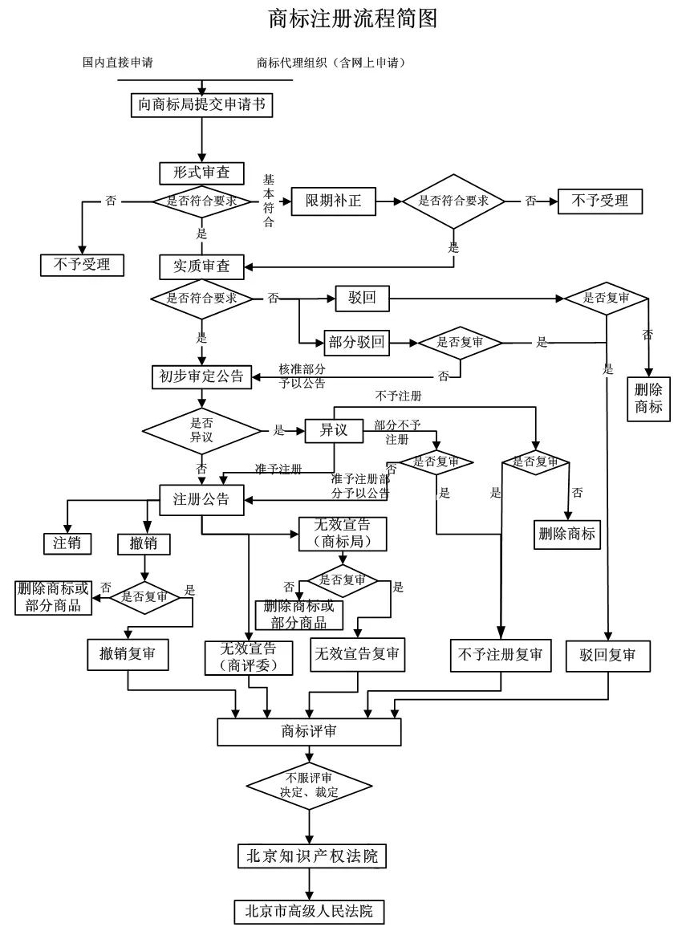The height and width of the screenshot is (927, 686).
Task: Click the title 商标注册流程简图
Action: pos(353,18)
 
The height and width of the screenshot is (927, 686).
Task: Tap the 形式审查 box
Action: pos(195,172)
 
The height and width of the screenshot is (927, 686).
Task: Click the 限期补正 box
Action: pos(333,201)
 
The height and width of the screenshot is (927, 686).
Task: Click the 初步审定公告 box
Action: pos(201,376)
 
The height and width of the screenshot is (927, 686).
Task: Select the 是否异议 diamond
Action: pos(201,430)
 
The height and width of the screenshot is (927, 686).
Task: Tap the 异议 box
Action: pos(333,429)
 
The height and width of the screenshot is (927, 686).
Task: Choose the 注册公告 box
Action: pos(201,498)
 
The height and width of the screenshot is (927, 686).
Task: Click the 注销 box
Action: pos(67,543)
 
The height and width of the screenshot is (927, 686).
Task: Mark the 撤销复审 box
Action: pos(128,655)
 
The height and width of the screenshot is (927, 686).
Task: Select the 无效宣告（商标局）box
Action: pos(343,533)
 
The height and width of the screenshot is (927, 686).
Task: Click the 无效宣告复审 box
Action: pos(357,655)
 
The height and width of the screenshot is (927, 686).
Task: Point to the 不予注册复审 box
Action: pos(501,655)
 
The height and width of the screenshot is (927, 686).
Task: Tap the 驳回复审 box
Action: pos(607,655)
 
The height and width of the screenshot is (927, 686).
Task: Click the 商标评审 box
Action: pos(309,730)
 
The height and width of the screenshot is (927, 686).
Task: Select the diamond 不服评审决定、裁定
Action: pos(309,784)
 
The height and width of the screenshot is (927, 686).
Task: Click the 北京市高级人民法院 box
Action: pos(309,912)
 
